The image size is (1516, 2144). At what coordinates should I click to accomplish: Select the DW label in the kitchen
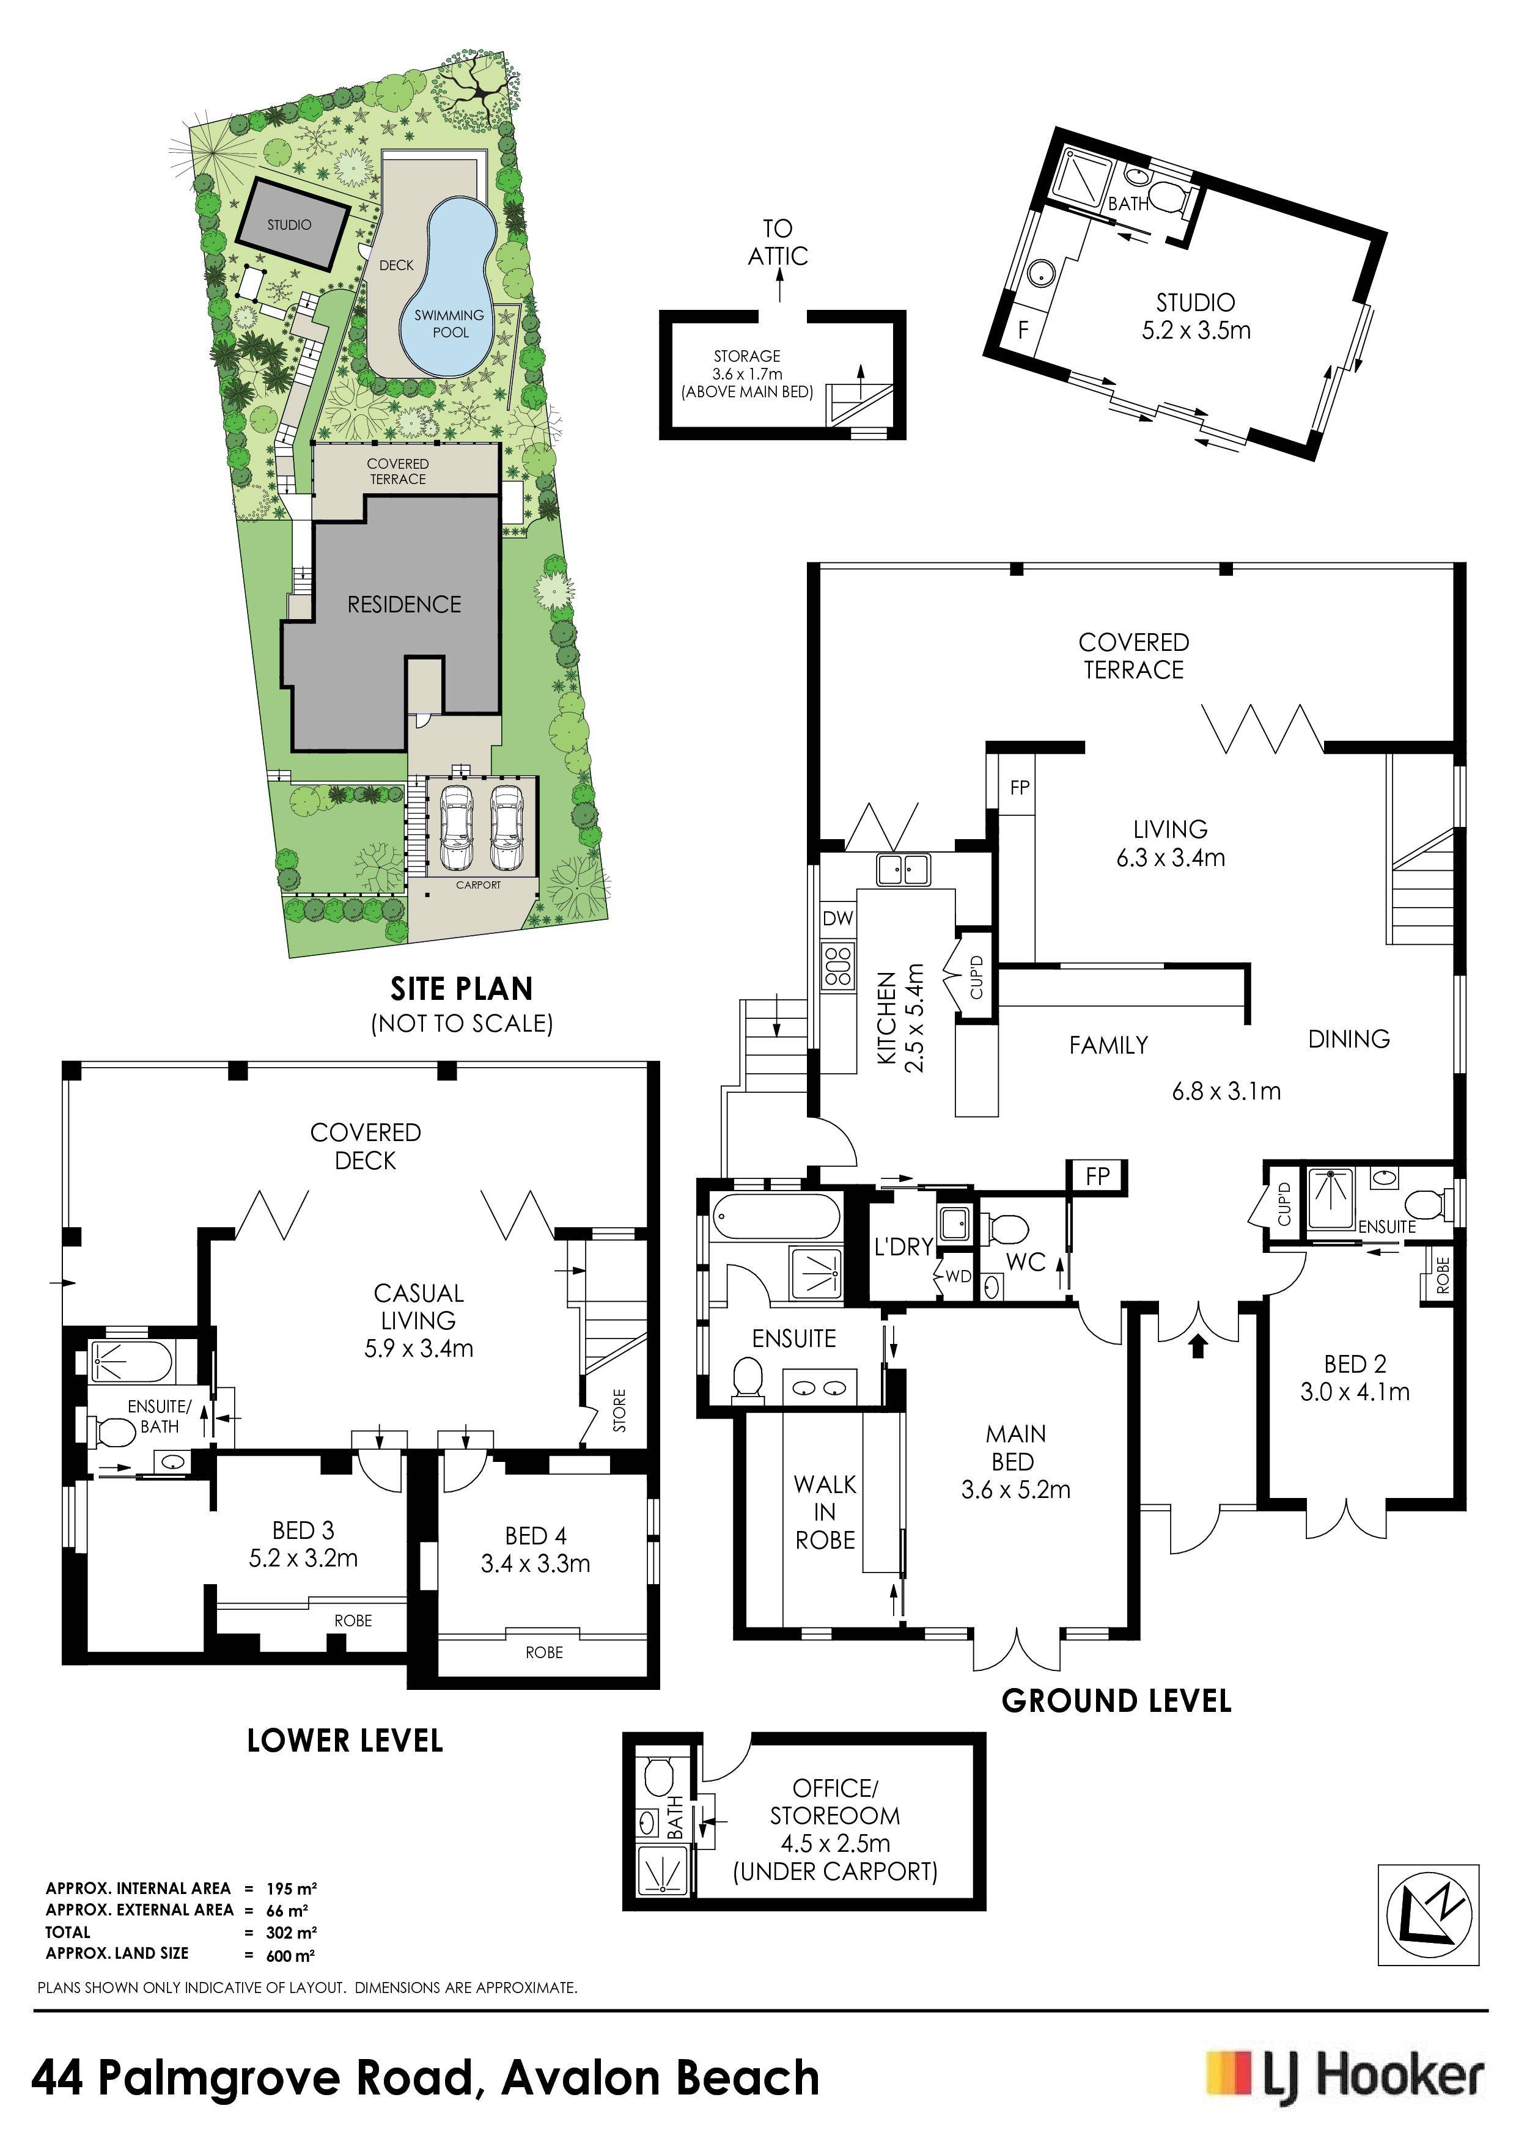[838, 918]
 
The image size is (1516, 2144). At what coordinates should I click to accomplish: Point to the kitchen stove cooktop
[838, 966]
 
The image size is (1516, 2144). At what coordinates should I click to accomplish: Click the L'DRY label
[903, 1246]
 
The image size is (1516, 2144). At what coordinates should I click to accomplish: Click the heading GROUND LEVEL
[1116, 1700]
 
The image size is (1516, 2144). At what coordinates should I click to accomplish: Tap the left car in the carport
[456, 826]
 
